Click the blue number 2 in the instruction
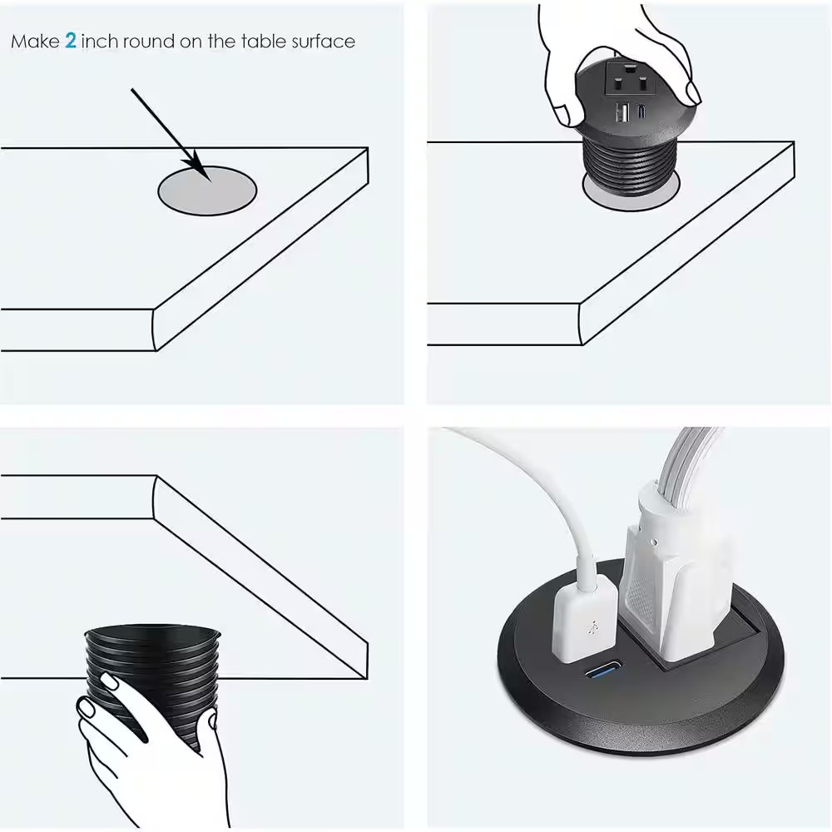point(71,41)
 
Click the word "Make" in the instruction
point(35,42)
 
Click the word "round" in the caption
point(149,42)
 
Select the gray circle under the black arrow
point(207,191)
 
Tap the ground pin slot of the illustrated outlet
point(630,68)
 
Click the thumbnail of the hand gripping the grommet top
point(692,93)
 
